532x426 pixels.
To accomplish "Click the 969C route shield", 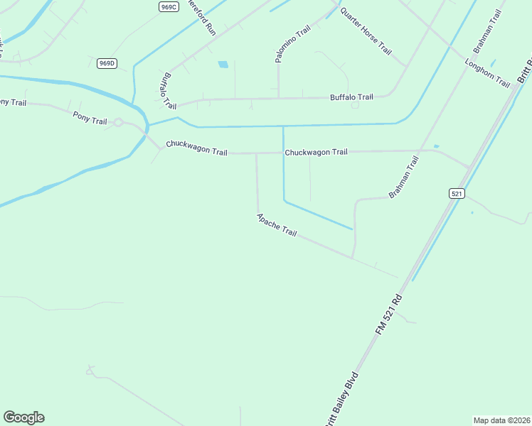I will point(169,6).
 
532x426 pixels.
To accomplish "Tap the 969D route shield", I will point(107,63).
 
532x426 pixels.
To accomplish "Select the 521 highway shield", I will point(457,193).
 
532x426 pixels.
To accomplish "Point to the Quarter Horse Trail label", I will point(366,31).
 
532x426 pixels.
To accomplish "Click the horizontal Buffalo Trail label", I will point(351,97).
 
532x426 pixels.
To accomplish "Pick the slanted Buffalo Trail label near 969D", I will point(169,90).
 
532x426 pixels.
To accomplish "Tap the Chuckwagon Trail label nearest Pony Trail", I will point(196,148).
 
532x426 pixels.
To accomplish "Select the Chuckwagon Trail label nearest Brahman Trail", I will point(316,152).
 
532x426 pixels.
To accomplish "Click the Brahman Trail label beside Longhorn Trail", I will point(488,33).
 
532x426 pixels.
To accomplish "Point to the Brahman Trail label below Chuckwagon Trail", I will point(404,177).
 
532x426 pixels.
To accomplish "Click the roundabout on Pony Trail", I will point(118,123).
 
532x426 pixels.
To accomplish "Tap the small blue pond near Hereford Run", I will point(223,65).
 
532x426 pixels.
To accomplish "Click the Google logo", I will point(23,417).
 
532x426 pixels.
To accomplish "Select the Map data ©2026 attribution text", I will point(501,420).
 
